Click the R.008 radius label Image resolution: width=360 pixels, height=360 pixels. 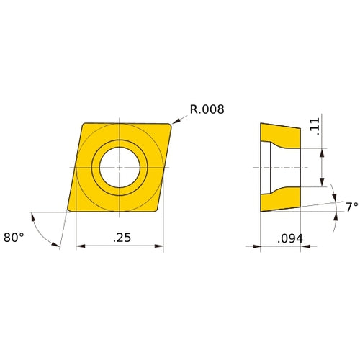pyautogui.click(x=207, y=109)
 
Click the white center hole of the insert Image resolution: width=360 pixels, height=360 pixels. pyautogui.click(x=120, y=166)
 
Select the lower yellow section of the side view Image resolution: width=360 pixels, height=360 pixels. pyautogui.click(x=282, y=197)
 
